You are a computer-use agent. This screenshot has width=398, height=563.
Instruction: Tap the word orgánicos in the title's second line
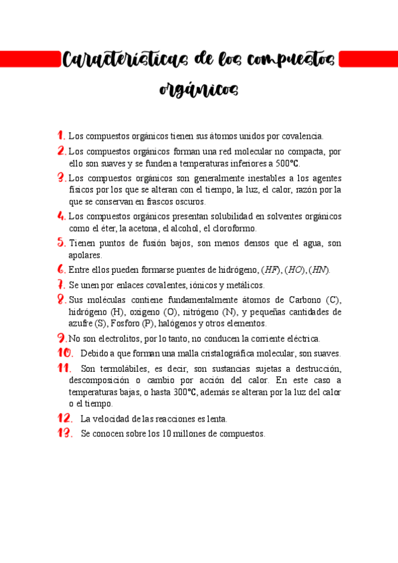[199, 89]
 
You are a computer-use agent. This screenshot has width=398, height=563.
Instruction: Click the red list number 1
[61, 135]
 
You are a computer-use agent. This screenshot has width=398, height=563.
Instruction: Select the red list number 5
[61, 243]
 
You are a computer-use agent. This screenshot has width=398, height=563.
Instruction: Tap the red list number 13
[64, 433]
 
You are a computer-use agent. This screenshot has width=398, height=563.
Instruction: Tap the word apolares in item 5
[86, 256]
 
